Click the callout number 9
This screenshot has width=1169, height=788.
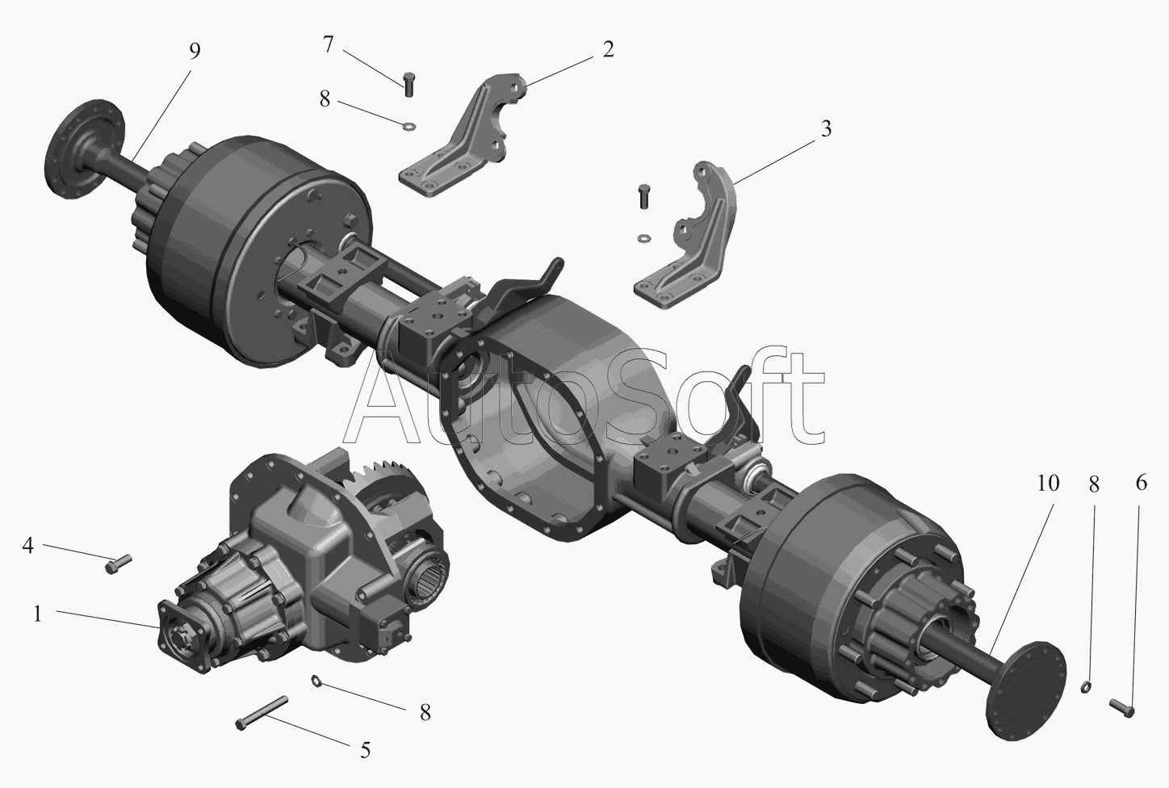click(195, 51)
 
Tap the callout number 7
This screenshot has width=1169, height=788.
click(328, 45)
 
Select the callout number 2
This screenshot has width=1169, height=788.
click(608, 49)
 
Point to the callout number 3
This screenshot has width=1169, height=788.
click(826, 129)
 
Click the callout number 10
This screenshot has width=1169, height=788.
click(1048, 484)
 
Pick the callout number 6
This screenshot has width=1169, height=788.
click(1142, 483)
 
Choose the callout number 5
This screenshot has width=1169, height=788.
click(365, 750)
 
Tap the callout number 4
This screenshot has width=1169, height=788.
click(27, 545)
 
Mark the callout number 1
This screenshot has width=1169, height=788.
click(37, 614)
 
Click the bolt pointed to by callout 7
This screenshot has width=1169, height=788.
click(409, 83)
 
